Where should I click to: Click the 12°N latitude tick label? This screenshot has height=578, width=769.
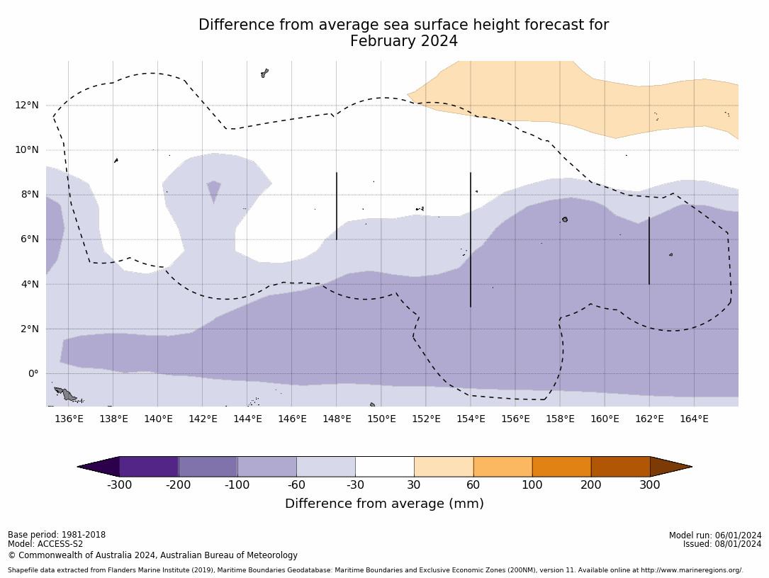(x=27, y=106)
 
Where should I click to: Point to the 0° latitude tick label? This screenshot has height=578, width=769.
(x=33, y=373)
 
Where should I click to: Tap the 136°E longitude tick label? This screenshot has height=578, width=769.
(x=69, y=419)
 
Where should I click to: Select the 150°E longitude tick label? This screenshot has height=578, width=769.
(x=381, y=419)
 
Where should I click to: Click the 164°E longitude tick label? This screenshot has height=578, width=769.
(x=694, y=419)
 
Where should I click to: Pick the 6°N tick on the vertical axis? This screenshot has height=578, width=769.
(x=30, y=239)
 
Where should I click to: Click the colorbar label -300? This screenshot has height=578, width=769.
(x=119, y=485)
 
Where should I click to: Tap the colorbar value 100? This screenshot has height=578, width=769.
(x=532, y=485)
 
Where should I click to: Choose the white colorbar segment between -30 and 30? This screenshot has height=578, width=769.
(x=385, y=467)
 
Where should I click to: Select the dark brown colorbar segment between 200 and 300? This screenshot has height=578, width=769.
(x=620, y=467)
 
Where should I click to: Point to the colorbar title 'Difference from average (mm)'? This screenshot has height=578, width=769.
(x=384, y=504)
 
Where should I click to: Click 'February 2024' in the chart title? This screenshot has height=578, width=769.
(x=403, y=42)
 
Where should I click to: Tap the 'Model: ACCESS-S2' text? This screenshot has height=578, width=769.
(x=45, y=545)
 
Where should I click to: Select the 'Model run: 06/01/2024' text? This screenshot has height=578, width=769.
(x=714, y=535)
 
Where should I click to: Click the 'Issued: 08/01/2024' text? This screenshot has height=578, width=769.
(x=722, y=544)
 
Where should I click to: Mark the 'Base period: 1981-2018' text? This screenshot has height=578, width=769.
(x=56, y=535)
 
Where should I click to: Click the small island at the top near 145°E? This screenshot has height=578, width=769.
(x=264, y=73)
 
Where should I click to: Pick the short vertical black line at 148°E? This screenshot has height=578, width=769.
(x=337, y=205)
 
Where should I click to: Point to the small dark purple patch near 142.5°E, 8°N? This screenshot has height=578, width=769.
(x=214, y=190)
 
